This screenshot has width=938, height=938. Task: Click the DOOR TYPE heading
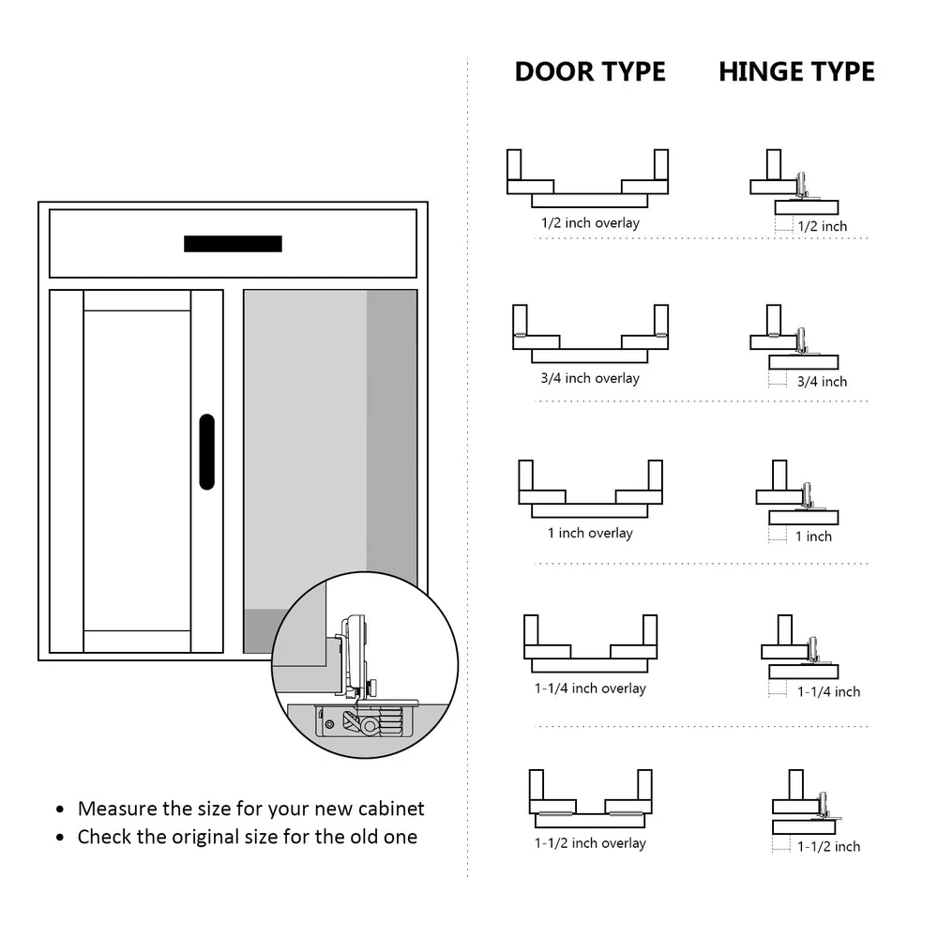point(590,72)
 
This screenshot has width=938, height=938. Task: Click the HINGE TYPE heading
point(796,72)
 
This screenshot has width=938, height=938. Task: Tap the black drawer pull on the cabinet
point(233,244)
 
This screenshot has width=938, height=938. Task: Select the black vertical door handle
point(207,451)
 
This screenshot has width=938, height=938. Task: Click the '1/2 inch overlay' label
point(590,223)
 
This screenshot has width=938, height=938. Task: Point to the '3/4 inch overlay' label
point(590,378)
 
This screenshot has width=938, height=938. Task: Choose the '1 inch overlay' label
point(590,533)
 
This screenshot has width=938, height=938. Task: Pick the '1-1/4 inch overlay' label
point(590,688)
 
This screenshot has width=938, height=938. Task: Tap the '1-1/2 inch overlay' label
point(590,843)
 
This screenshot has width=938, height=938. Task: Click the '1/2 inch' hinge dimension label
point(822,226)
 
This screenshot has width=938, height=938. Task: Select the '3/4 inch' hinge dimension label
point(822,382)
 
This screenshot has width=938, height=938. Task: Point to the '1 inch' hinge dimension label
point(813,537)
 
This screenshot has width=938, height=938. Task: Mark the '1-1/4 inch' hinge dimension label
point(828,691)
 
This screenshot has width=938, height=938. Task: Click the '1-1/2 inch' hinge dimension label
point(828,846)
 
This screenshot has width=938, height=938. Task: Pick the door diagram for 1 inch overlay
point(590,490)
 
